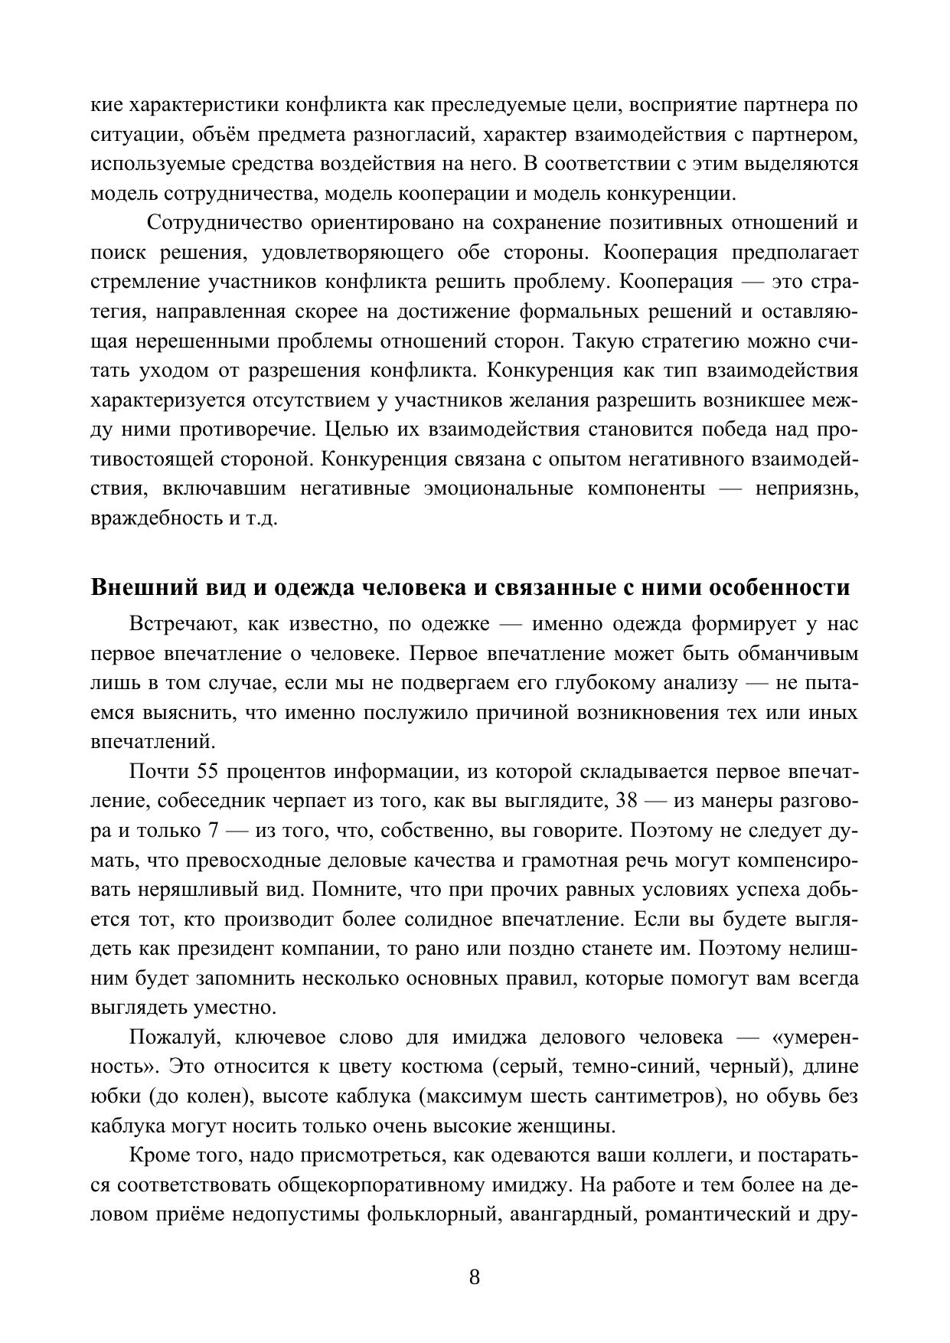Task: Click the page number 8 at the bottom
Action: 474,1277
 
